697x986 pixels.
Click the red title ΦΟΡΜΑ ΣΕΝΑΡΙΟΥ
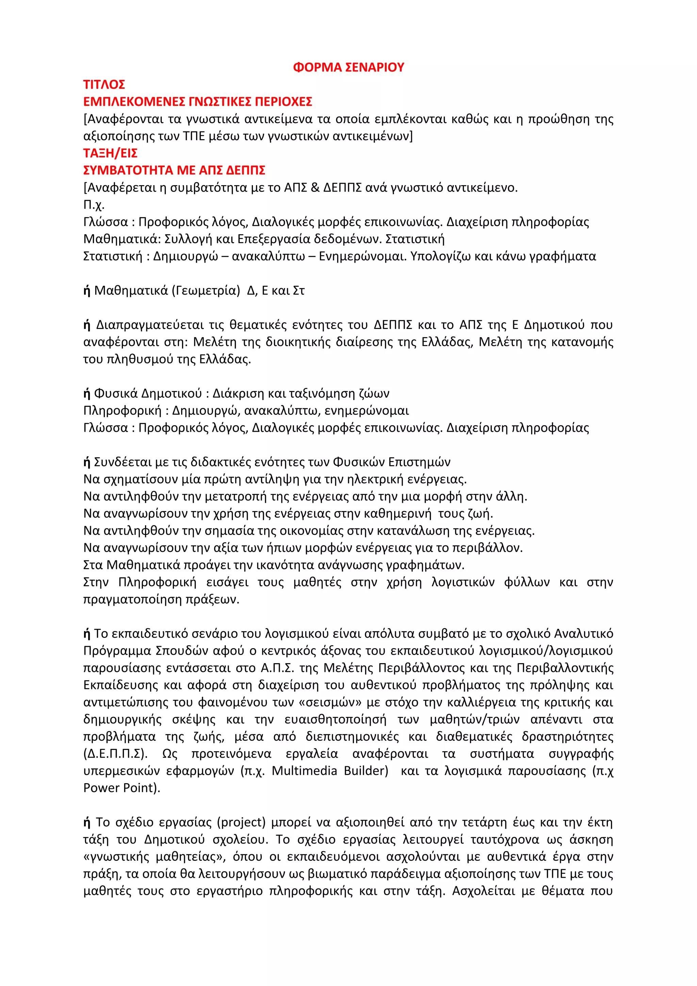[x=348, y=67]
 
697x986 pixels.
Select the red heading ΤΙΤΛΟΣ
[x=104, y=85]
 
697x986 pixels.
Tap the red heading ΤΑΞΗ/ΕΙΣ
[x=110, y=153]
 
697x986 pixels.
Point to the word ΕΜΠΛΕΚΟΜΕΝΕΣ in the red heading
[x=134, y=102]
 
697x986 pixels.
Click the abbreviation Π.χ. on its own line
[x=94, y=205]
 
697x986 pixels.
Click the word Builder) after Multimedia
[x=366, y=771]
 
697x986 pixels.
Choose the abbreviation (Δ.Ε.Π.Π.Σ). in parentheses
[x=115, y=754]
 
